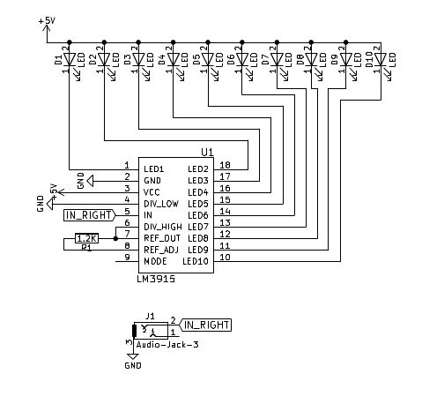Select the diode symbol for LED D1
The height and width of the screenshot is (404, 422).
tap(70, 60)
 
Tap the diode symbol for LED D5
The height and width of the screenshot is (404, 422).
tap(208, 60)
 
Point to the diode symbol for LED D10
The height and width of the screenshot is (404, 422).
tap(381, 60)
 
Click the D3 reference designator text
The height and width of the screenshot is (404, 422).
tap(128, 60)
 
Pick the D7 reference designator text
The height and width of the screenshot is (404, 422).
tap(265, 60)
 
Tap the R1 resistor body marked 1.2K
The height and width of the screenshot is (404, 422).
tap(86, 238)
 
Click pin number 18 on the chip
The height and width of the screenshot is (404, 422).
tap(225, 166)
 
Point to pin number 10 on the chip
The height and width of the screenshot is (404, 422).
tap(225, 258)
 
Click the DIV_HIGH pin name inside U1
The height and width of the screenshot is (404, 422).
tap(163, 227)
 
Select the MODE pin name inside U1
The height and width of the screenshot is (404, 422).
tap(156, 261)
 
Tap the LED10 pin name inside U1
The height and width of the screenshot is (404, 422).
tap(196, 261)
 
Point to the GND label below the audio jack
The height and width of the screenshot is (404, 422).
tap(132, 364)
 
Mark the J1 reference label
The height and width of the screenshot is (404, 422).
tap(150, 315)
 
